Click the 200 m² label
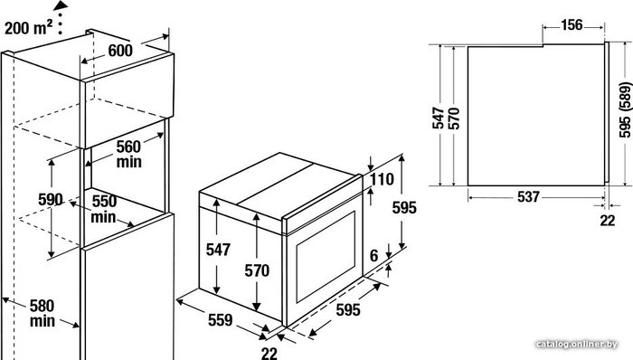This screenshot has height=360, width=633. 28,28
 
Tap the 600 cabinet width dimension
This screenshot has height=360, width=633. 120,51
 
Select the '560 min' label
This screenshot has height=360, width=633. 128,154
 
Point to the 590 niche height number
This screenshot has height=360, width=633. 50,200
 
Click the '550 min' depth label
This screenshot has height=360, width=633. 104,209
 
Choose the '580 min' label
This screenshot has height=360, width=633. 42,313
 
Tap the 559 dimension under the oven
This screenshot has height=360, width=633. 221,319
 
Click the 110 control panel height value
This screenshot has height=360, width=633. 382,179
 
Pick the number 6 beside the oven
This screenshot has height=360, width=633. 373,255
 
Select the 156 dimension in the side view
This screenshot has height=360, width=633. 572,25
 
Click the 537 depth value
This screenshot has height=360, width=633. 528,196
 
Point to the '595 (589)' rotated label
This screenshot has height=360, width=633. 625,109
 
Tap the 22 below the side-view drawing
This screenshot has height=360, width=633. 607,221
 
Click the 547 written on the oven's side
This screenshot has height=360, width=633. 218,250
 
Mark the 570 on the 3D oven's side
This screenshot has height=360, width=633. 257,270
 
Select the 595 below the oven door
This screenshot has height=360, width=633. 348,309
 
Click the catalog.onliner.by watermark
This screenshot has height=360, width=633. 577,345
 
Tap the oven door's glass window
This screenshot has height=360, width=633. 326,257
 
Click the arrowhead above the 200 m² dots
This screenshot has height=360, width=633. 61,5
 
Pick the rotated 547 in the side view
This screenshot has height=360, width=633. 439,118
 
